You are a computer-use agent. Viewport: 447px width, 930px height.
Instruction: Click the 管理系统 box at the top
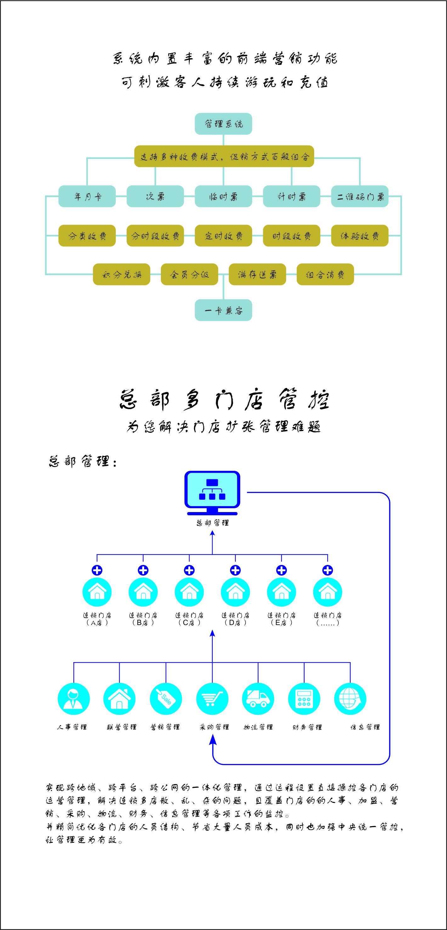click(x=223, y=124)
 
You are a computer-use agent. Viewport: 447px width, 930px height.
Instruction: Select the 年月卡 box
click(x=87, y=196)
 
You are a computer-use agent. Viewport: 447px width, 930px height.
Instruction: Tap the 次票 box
click(x=155, y=196)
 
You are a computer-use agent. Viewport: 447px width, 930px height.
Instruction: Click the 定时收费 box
click(x=223, y=236)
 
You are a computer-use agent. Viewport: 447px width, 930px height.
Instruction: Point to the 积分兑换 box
click(x=121, y=274)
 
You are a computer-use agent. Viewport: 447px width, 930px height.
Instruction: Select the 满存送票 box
click(x=257, y=274)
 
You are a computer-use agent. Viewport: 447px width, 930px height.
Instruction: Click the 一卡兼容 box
click(x=223, y=310)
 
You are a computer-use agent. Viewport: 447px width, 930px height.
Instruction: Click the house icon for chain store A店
click(x=97, y=592)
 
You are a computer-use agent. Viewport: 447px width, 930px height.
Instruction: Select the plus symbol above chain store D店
click(x=235, y=570)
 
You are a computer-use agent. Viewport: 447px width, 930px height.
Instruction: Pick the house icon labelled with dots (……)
click(x=327, y=592)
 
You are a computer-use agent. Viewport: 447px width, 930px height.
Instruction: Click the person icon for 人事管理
click(x=74, y=699)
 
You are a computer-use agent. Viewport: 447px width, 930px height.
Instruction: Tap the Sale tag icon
click(x=166, y=699)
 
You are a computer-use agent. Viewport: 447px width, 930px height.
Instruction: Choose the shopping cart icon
click(x=212, y=699)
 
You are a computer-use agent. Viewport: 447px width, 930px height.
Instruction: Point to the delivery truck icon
click(x=258, y=699)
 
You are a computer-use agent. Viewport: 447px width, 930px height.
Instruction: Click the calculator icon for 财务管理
click(x=304, y=699)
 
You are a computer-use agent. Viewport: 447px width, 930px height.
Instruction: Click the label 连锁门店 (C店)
click(x=189, y=619)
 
